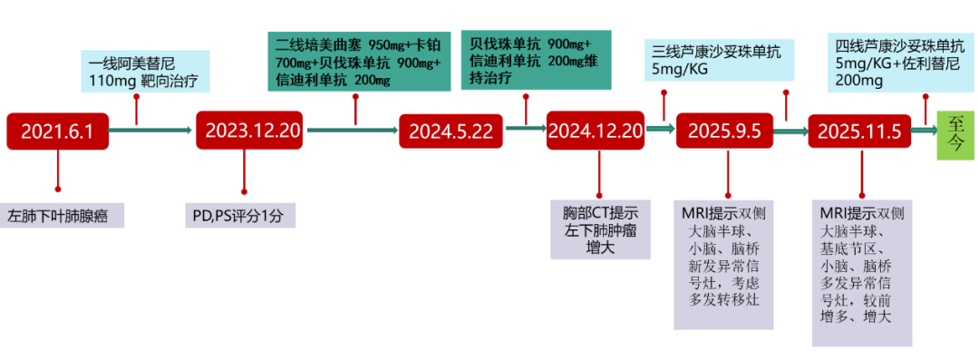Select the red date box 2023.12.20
pyautogui.click(x=252, y=131)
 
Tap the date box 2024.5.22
pyautogui.click(x=451, y=131)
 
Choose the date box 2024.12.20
pyautogui.click(x=596, y=131)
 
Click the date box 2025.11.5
pyautogui.click(x=859, y=131)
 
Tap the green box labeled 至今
pyautogui.click(x=956, y=131)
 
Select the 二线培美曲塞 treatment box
pyautogui.click(x=359, y=62)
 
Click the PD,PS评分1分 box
pyautogui.click(x=239, y=216)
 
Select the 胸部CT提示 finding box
pyautogui.click(x=600, y=230)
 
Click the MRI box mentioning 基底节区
pyautogui.click(x=861, y=273)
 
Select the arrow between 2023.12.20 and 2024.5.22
pyautogui.click(x=353, y=131)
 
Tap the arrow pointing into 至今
pyautogui.click(x=925, y=131)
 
